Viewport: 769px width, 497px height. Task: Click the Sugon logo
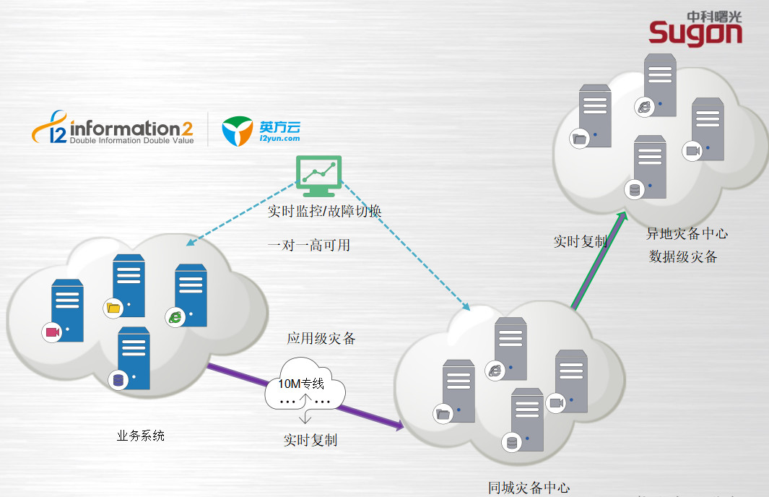[695, 29]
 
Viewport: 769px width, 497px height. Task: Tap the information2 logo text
[131, 129]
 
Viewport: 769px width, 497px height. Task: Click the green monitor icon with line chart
[320, 176]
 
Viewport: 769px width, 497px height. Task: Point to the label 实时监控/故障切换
[324, 211]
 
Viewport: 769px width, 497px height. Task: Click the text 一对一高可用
[308, 245]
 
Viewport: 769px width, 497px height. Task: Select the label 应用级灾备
[321, 338]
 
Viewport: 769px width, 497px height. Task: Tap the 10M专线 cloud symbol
[305, 391]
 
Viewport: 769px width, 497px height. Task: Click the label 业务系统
[141, 436]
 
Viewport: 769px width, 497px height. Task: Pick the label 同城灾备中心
[529, 488]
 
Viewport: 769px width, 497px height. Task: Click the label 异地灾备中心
[687, 233]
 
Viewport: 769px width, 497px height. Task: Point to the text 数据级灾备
[683, 256]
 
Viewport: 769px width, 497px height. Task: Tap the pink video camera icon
[52, 332]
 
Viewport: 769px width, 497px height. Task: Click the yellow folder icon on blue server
[113, 308]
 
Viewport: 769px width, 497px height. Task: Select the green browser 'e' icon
[175, 316]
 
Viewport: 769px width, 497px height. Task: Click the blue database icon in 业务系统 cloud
[118, 380]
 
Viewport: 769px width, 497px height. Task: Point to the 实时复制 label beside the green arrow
[580, 241]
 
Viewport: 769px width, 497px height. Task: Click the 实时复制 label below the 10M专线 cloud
[310, 440]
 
